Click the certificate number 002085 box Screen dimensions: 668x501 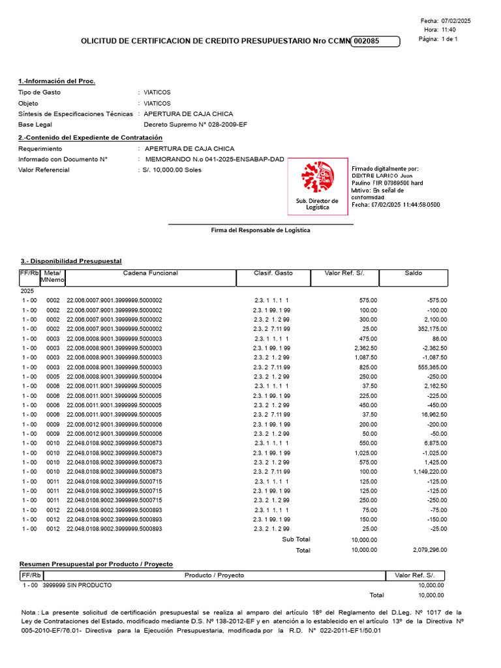[x=375, y=41]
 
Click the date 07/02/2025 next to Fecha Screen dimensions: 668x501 [x=456, y=21]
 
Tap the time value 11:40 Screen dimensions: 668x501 [x=449, y=30]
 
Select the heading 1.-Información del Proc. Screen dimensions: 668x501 [x=57, y=81]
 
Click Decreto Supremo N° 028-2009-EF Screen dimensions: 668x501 [x=195, y=125]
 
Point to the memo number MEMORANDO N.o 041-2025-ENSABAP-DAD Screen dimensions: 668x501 [x=215, y=159]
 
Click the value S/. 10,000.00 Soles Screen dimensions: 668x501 [x=172, y=170]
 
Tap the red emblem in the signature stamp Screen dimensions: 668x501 [x=316, y=178]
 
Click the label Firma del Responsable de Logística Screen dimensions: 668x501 [x=260, y=230]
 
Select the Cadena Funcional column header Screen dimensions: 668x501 [x=150, y=273]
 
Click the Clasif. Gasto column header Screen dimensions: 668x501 [x=273, y=273]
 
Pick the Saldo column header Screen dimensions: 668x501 [x=413, y=273]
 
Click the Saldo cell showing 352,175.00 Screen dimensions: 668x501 [x=430, y=329]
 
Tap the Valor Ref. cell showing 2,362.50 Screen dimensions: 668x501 [x=363, y=348]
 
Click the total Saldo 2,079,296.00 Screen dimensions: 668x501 [x=430, y=551]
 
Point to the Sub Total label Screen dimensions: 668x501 [x=296, y=539]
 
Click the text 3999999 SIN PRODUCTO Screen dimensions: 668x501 [x=77, y=585]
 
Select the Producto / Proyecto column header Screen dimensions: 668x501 [x=214, y=575]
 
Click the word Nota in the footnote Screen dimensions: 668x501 [x=29, y=612]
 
